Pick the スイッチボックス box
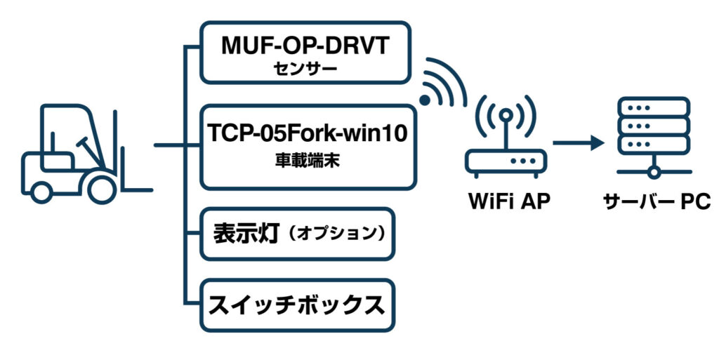297,305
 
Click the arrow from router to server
577,143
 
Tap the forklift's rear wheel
41,189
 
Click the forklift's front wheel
98,188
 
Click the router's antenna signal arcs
504,116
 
